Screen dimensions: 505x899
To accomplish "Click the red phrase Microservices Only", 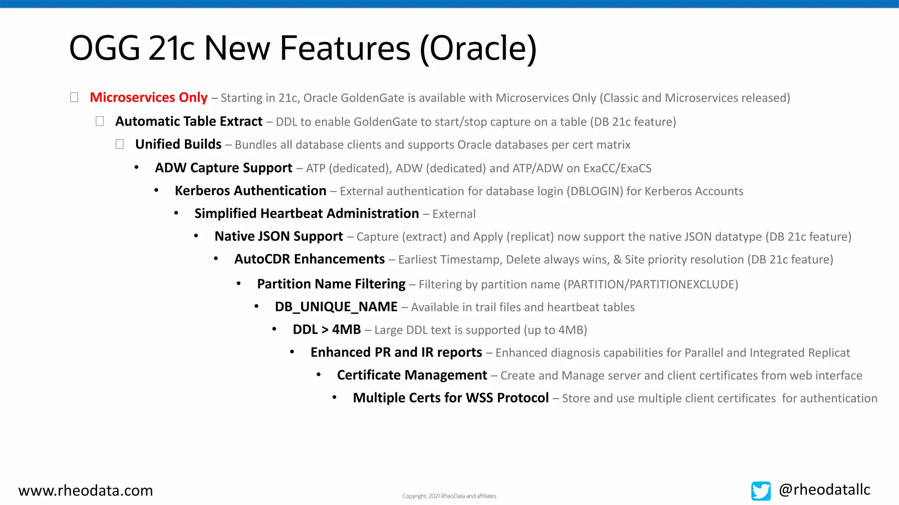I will point(148,97).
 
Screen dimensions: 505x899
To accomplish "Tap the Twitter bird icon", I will point(761,491).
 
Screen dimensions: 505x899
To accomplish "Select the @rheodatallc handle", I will point(824,490).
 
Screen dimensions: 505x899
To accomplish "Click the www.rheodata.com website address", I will point(86,491).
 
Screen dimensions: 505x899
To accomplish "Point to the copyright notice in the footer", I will point(449,496).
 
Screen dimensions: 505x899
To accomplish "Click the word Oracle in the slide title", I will point(478,48).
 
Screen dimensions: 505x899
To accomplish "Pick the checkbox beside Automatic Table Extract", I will point(100,121).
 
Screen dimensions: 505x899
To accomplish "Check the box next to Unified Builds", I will point(119,144).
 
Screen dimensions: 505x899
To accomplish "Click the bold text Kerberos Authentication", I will point(250,191).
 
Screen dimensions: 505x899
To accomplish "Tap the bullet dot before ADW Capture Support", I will point(137,167).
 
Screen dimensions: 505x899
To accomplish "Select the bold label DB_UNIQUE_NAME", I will point(336,307).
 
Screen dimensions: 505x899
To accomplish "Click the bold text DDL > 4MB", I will point(327,330).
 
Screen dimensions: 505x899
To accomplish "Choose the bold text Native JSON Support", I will point(278,236).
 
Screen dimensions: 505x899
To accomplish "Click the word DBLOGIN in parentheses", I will point(595,191).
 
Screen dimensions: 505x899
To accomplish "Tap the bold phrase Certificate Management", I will point(412,375).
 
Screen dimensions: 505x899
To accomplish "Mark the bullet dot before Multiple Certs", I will point(334,398).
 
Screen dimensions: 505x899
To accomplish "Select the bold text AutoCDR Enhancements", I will point(309,259).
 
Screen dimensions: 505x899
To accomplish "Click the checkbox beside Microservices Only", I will point(74,97).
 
